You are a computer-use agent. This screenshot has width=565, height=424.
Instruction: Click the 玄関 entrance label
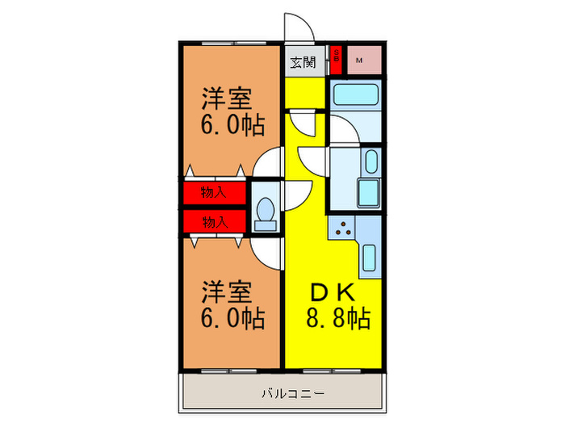pos(303,61)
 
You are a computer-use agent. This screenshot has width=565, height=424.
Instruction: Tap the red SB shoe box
pos(337,59)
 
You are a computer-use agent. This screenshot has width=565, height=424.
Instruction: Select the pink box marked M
pos(358,59)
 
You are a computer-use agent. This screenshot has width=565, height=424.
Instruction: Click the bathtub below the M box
pos(354,94)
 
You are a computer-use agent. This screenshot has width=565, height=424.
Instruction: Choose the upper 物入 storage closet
pos(213,192)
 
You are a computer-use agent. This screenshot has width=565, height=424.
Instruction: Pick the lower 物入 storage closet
pos(213,220)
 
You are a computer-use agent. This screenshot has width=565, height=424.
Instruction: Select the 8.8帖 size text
pos(337,319)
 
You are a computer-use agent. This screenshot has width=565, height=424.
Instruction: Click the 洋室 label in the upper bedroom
pos(226,100)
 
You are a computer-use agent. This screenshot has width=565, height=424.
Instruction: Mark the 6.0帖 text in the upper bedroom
pos(232,127)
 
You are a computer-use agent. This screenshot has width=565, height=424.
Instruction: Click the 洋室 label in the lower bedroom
pos(226,292)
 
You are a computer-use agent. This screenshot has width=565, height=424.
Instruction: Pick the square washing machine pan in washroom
pos(367,193)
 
